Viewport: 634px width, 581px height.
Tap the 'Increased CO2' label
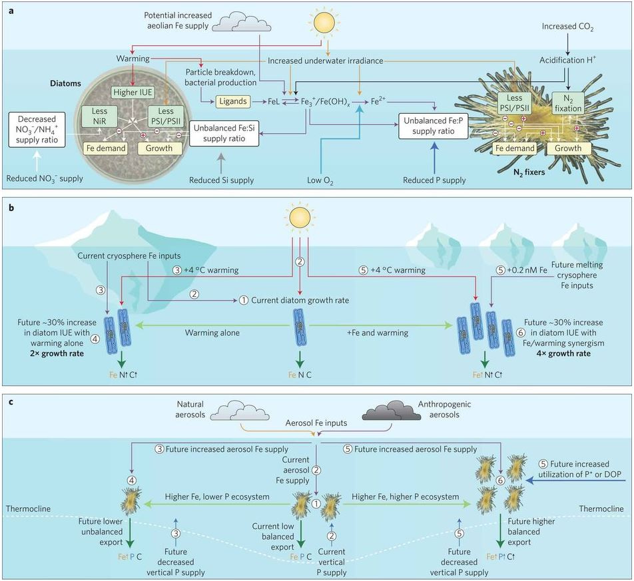click(x=563, y=29)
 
